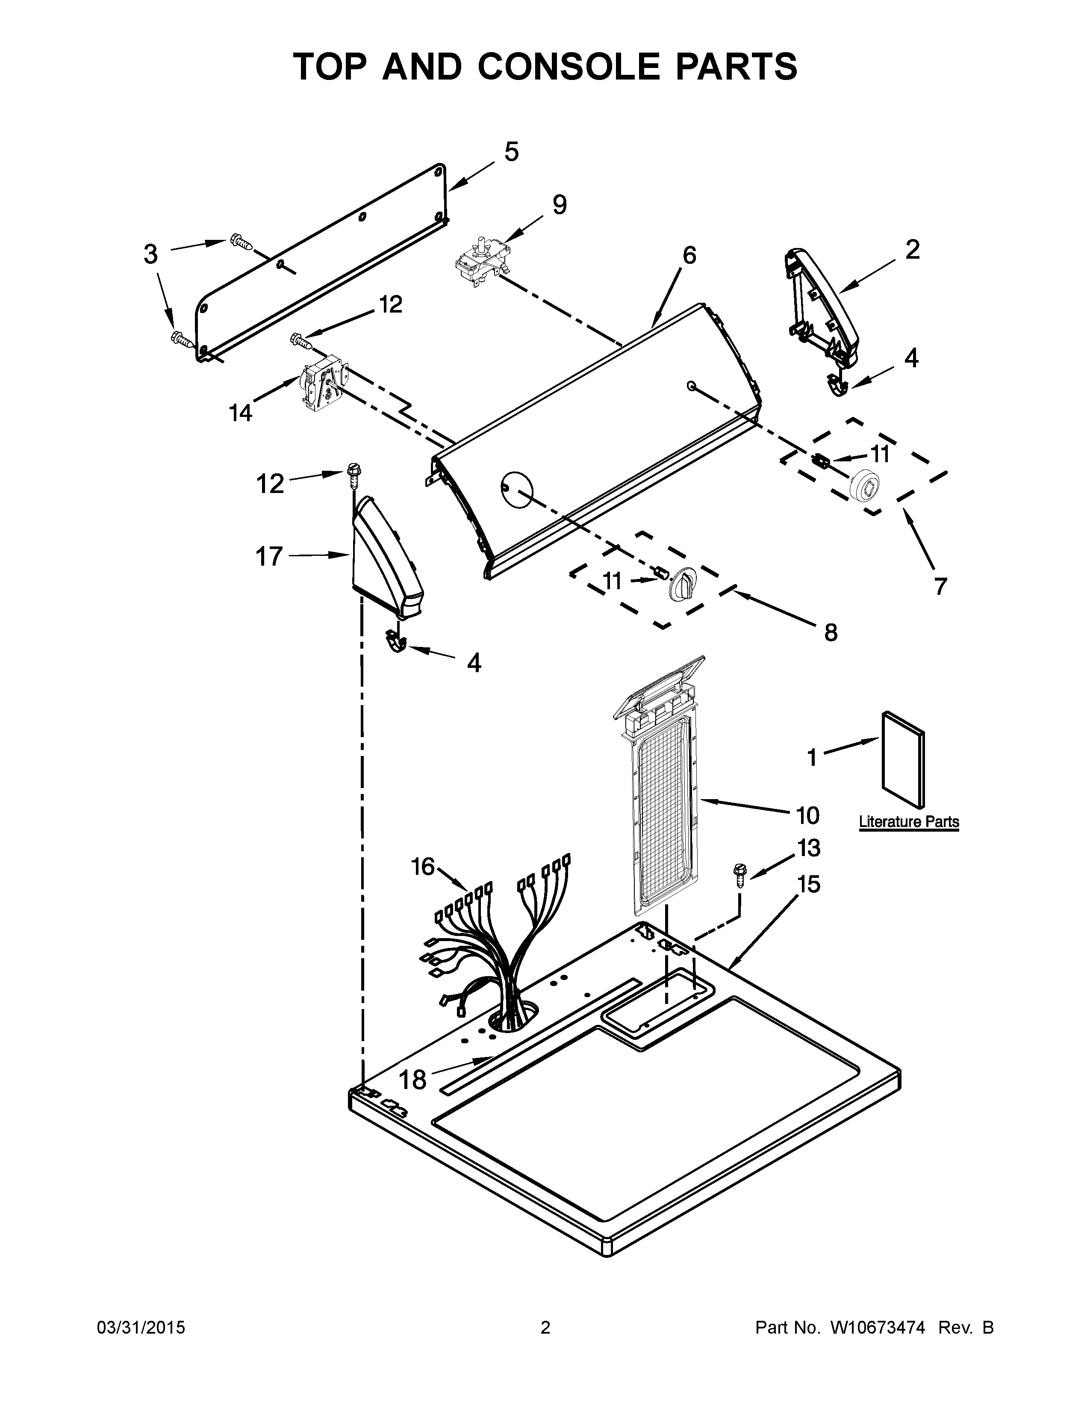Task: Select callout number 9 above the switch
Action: pos(559,205)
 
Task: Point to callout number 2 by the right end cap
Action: pos(912,249)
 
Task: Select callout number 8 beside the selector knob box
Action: pos(831,632)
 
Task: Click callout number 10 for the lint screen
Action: pos(807,816)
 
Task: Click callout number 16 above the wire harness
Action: pos(423,866)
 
